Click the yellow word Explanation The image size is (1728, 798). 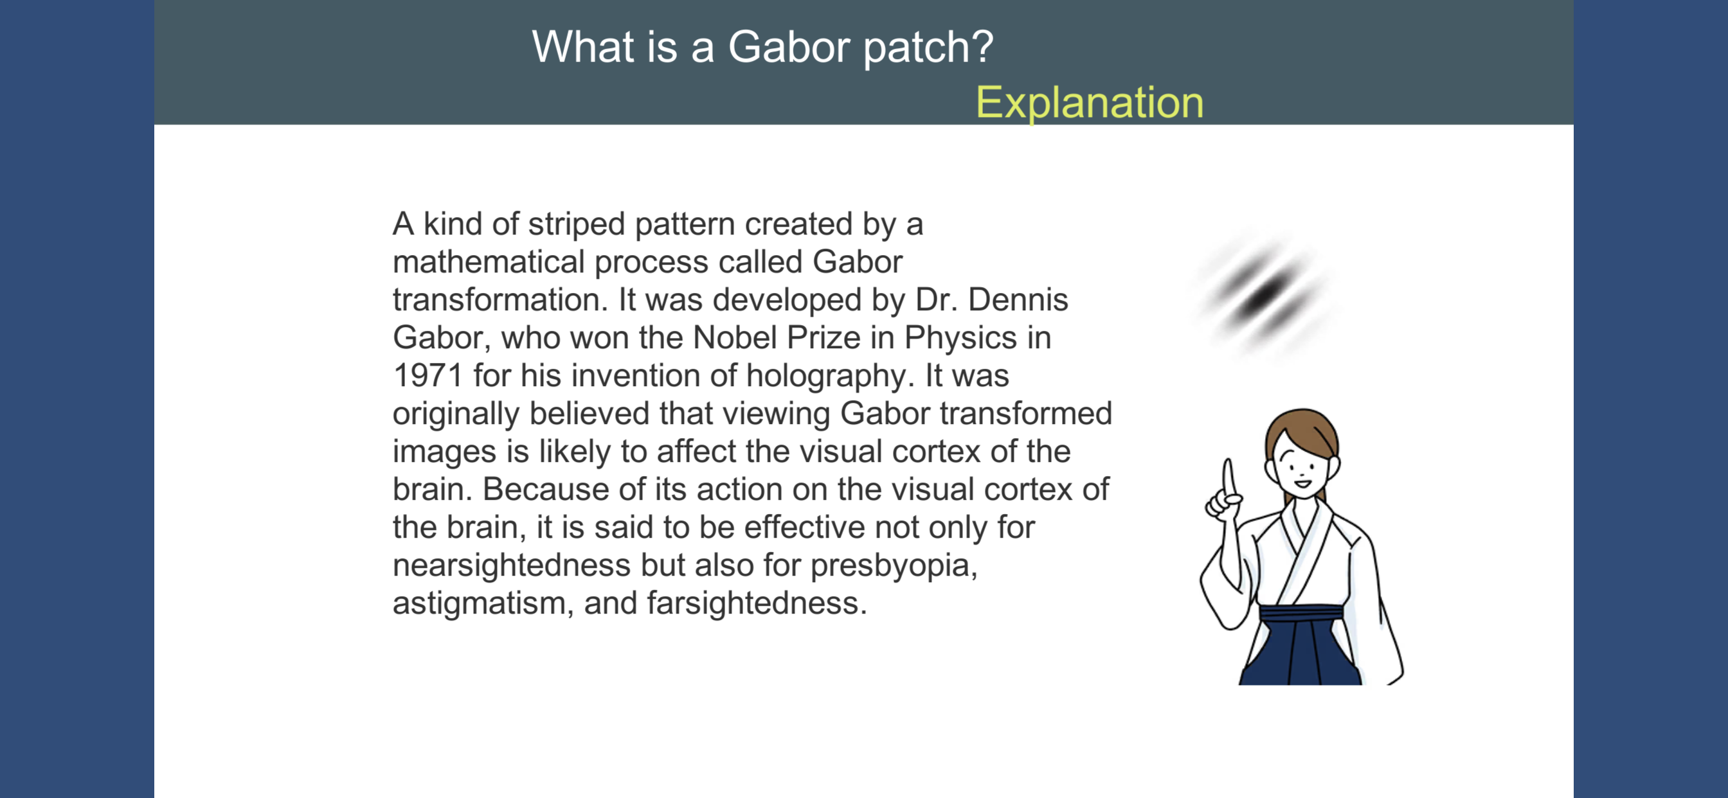click(x=1090, y=103)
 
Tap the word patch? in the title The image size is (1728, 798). click(x=928, y=48)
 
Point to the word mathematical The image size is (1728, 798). click(x=489, y=262)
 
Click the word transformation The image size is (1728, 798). click(x=500, y=300)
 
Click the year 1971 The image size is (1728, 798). click(x=428, y=375)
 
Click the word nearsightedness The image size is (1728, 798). click(x=511, y=565)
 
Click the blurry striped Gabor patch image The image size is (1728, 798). click(x=1264, y=296)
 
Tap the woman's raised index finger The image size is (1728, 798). click(x=1228, y=478)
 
